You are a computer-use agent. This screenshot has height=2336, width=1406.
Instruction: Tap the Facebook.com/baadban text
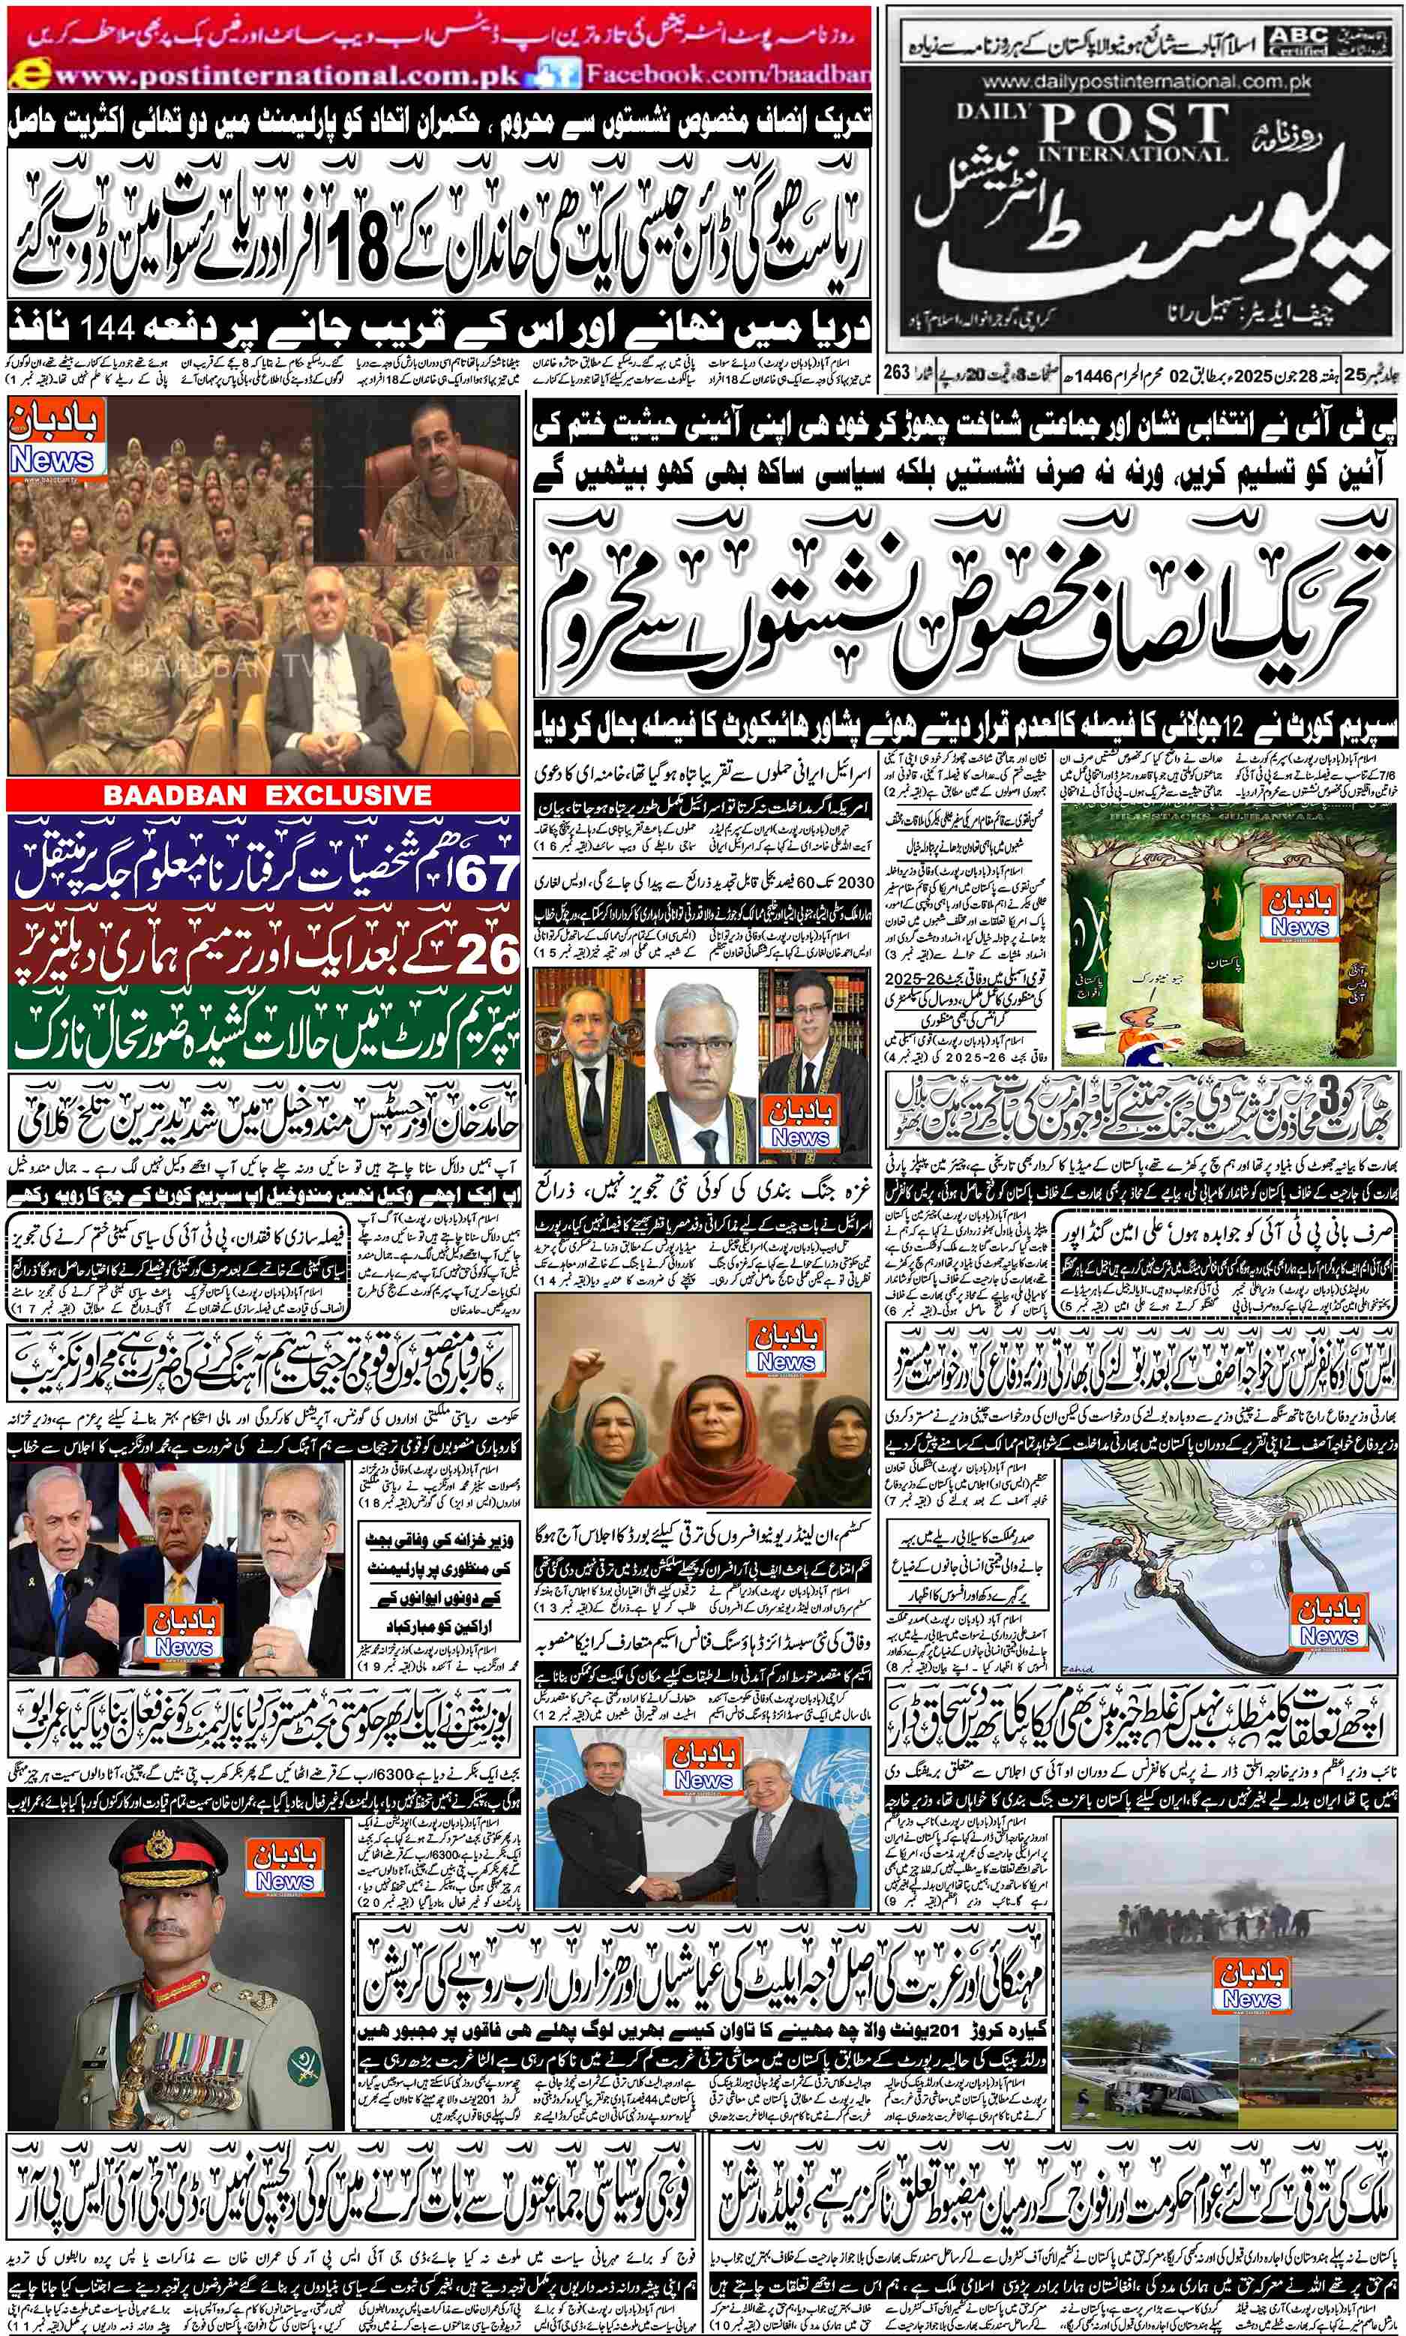click(x=725, y=74)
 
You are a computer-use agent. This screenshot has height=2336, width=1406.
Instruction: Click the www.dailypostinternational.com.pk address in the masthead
click(x=1147, y=82)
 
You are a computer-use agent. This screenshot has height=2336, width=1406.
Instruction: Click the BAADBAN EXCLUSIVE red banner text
click(x=267, y=795)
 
